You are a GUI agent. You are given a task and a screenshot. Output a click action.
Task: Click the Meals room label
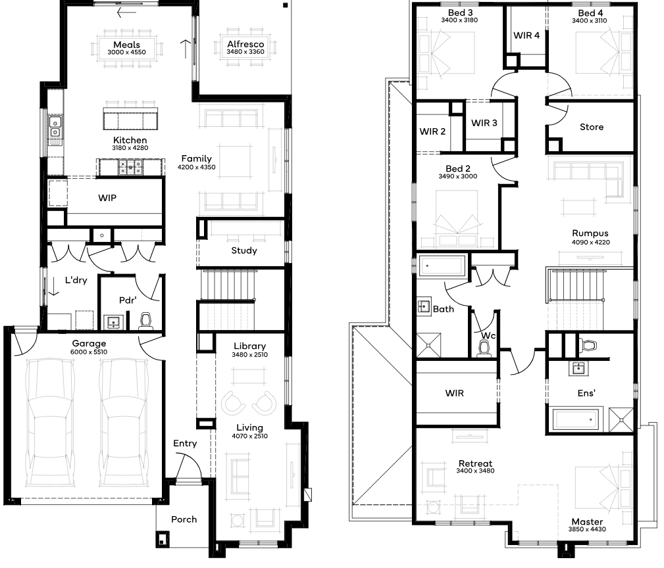126,45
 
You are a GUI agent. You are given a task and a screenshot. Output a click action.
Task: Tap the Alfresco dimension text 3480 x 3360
245,52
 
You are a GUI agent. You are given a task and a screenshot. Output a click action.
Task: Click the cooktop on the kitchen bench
130,168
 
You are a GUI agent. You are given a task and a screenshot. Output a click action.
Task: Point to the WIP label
107,198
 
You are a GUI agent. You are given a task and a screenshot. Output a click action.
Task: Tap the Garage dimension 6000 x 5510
89,352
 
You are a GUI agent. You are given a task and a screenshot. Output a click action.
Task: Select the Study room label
244,250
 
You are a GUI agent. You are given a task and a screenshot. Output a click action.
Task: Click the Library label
250,346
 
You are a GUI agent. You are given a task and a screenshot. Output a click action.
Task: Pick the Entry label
185,443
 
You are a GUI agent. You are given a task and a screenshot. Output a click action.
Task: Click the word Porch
184,519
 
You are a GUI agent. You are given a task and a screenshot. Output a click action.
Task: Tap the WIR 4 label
526,35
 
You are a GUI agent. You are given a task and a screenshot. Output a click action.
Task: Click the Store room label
592,127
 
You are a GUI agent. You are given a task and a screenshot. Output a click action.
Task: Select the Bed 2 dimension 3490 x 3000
458,176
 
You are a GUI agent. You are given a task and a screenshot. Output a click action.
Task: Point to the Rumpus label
590,233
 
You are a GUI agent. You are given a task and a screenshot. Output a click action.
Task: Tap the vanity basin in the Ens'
578,368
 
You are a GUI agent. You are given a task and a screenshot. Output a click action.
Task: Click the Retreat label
475,463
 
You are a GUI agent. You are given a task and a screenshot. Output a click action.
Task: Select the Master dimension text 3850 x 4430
587,529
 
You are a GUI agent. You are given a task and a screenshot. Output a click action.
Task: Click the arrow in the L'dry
53,286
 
